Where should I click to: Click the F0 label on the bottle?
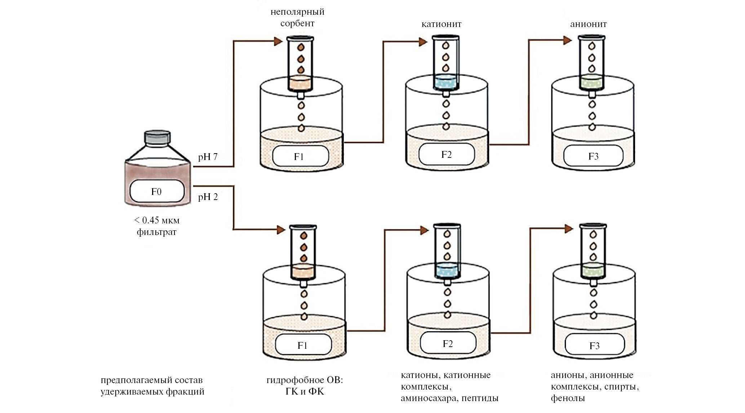click(x=156, y=191)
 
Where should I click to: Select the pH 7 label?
click(x=208, y=157)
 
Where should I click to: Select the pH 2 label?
click(x=208, y=197)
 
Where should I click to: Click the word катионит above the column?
click(x=442, y=24)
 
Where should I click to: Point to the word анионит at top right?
click(x=588, y=24)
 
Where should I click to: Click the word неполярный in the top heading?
click(x=297, y=12)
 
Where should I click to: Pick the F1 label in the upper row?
click(x=299, y=156)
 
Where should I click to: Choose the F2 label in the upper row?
click(x=446, y=155)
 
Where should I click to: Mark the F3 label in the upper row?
click(x=593, y=156)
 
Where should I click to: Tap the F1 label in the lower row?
click(x=302, y=345)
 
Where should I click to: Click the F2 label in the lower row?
click(x=448, y=343)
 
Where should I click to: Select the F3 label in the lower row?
click(x=594, y=346)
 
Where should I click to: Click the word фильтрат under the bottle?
click(x=156, y=232)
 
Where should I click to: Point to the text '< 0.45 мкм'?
click(x=156, y=220)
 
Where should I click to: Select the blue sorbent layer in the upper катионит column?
click(x=445, y=82)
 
